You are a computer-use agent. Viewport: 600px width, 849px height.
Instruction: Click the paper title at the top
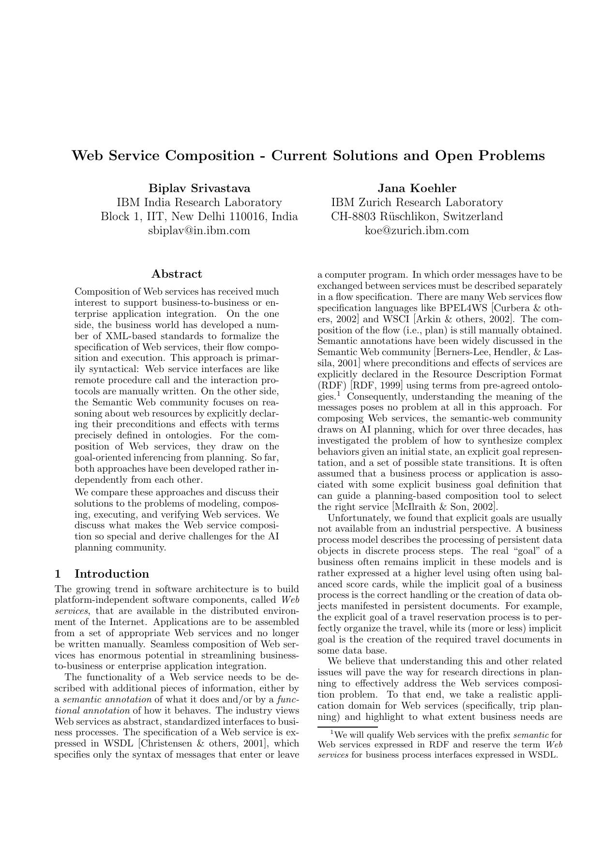click(308, 156)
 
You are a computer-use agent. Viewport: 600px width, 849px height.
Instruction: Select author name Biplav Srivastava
click(199, 188)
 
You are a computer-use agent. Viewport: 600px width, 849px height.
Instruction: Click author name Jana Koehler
click(417, 188)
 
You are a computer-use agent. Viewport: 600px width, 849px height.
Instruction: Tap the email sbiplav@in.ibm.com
click(199, 230)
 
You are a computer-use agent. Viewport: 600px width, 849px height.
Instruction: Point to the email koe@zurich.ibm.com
click(417, 230)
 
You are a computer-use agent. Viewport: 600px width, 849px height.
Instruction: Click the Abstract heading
click(177, 274)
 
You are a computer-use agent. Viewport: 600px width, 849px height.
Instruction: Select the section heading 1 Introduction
click(102, 574)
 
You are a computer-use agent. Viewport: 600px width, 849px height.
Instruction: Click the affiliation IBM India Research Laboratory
click(199, 202)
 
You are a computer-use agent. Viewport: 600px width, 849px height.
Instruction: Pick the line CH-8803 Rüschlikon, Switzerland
click(417, 216)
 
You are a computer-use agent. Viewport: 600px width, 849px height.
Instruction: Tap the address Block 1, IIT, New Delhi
click(199, 216)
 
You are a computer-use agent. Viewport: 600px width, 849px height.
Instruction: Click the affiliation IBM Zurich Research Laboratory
click(417, 202)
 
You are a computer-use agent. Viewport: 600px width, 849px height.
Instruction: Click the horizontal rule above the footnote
click(347, 727)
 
